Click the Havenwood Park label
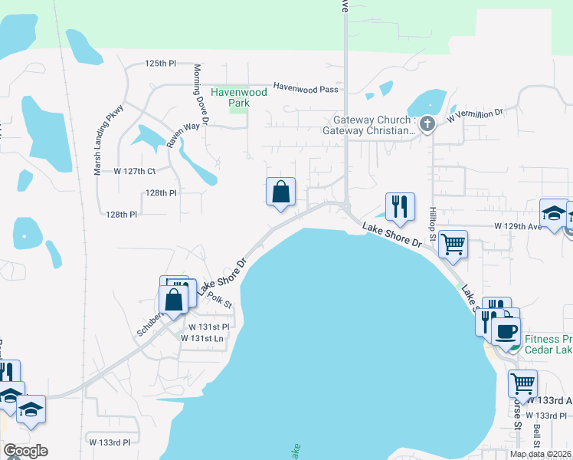click(239, 97)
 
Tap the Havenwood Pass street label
click(306, 89)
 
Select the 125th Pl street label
click(160, 63)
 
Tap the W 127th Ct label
click(134, 171)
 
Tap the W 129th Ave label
click(518, 227)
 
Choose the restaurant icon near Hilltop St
click(400, 206)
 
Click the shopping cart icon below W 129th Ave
click(453, 245)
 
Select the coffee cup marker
click(505, 331)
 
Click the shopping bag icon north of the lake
click(280, 192)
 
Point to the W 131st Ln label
click(207, 338)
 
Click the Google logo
click(25, 451)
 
